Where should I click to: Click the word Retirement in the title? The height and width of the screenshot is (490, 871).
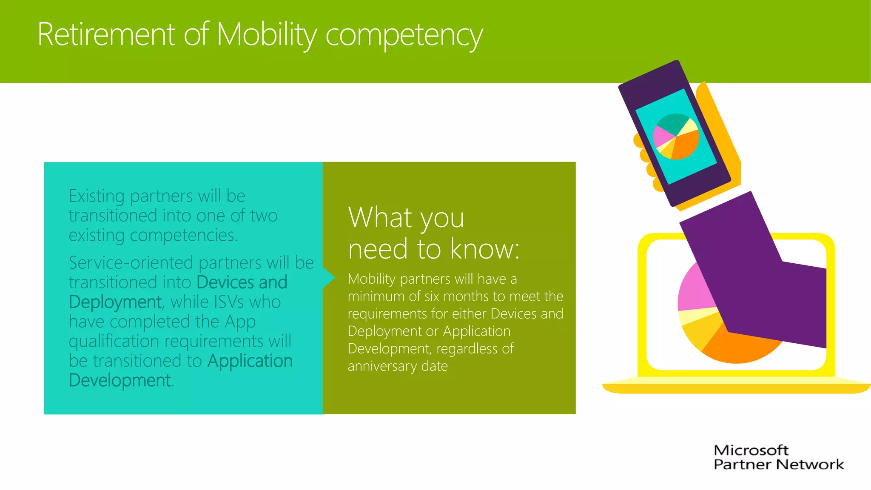(x=106, y=34)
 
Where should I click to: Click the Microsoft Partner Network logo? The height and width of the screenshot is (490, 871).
(x=778, y=457)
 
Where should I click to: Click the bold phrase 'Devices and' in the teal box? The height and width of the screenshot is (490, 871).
(x=242, y=282)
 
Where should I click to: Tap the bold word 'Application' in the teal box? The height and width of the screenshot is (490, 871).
(x=250, y=361)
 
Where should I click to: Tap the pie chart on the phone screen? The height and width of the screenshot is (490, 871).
(x=676, y=136)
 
